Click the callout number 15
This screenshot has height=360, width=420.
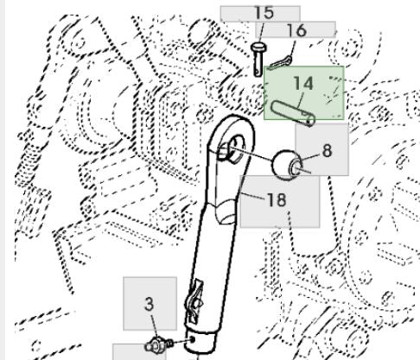point(264,13)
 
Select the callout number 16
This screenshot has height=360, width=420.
point(297,30)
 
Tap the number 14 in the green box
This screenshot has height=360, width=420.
point(303,84)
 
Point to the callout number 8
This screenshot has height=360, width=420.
point(327,150)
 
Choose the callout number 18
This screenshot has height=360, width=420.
point(277,199)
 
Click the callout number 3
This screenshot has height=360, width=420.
point(149,304)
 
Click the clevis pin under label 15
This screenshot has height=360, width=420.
point(258,60)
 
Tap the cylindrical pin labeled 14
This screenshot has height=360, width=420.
point(293,113)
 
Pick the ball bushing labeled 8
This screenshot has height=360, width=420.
point(287,165)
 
